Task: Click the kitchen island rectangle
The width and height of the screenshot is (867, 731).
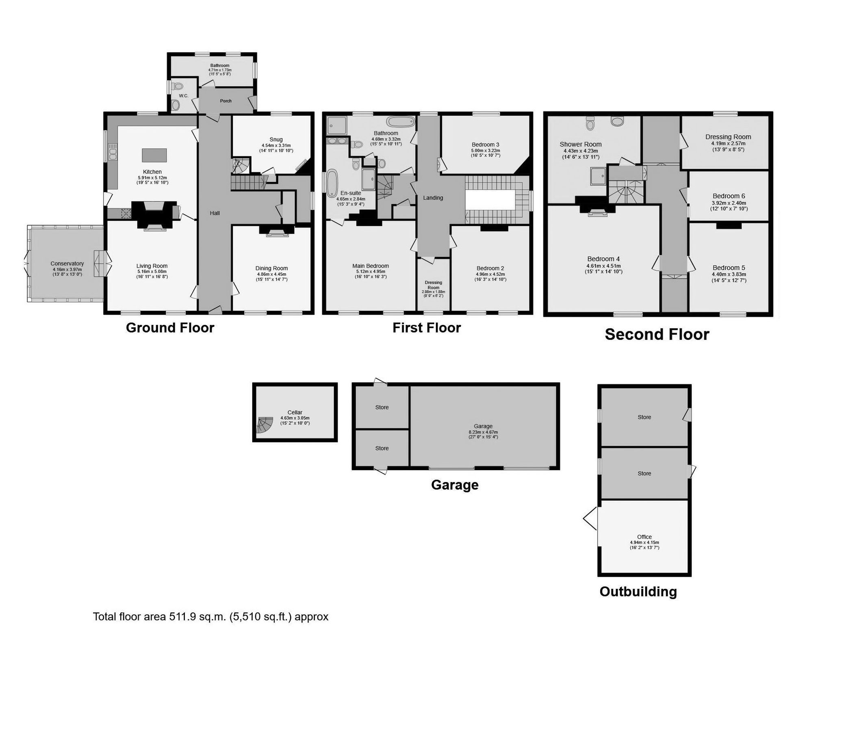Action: click(x=154, y=155)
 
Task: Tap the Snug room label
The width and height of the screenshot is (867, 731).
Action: click(x=276, y=140)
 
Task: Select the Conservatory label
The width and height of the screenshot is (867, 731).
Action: click(x=67, y=264)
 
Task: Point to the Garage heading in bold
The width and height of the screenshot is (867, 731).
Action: click(x=455, y=484)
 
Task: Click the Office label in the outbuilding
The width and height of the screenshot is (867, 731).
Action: click(x=644, y=536)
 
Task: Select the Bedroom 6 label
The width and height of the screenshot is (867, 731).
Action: click(x=728, y=196)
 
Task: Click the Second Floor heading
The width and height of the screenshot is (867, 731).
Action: click(x=657, y=334)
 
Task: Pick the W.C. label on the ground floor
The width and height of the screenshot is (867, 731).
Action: click(x=183, y=96)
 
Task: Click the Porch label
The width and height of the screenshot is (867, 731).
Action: click(x=225, y=101)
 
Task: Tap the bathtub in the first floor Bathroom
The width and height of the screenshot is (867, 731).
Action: click(x=400, y=122)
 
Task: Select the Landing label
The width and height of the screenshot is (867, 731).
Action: click(x=433, y=198)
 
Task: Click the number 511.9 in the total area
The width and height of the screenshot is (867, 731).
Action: click(x=182, y=616)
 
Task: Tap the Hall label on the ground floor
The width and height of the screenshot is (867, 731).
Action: click(x=215, y=213)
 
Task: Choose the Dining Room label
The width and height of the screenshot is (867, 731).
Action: click(x=271, y=268)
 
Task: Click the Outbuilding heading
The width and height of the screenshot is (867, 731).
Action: click(x=638, y=591)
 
